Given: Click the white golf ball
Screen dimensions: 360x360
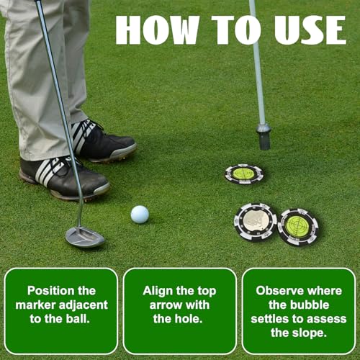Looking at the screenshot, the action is (x=140, y=215).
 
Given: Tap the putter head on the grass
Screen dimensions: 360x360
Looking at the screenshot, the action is (x=85, y=237).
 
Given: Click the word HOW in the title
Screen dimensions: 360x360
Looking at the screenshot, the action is (x=158, y=30).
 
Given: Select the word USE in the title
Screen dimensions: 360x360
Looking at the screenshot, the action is (x=310, y=30).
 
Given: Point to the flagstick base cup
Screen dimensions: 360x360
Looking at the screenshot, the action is (x=264, y=136).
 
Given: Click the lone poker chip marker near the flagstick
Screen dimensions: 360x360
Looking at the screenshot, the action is (x=244, y=174).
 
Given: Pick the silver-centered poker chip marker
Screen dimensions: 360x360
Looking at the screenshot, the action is (x=256, y=221).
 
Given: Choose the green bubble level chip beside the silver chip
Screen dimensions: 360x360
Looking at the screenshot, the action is (x=298, y=227).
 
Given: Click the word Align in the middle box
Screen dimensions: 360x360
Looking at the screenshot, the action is (x=157, y=291).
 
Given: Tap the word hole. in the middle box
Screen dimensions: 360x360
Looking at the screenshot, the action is (x=189, y=319).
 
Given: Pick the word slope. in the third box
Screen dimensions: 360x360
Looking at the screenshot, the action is (x=312, y=333).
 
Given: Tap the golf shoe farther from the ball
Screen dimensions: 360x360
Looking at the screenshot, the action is (x=104, y=140).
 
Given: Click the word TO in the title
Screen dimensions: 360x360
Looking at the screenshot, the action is (x=236, y=30).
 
